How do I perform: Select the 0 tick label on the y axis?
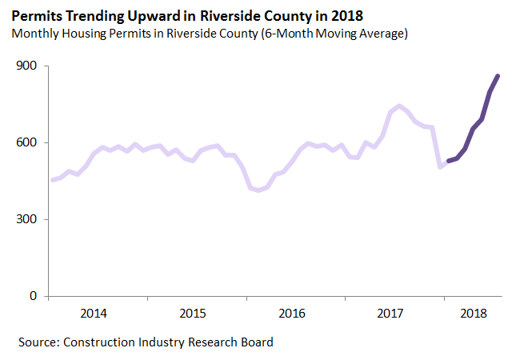34,297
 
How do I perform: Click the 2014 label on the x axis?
95,313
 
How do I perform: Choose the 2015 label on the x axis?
194,313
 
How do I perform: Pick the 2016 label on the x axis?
292,313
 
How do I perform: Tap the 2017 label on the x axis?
390,313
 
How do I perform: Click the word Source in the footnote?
38,342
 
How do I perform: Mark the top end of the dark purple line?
498,76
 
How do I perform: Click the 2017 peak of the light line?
399,106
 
